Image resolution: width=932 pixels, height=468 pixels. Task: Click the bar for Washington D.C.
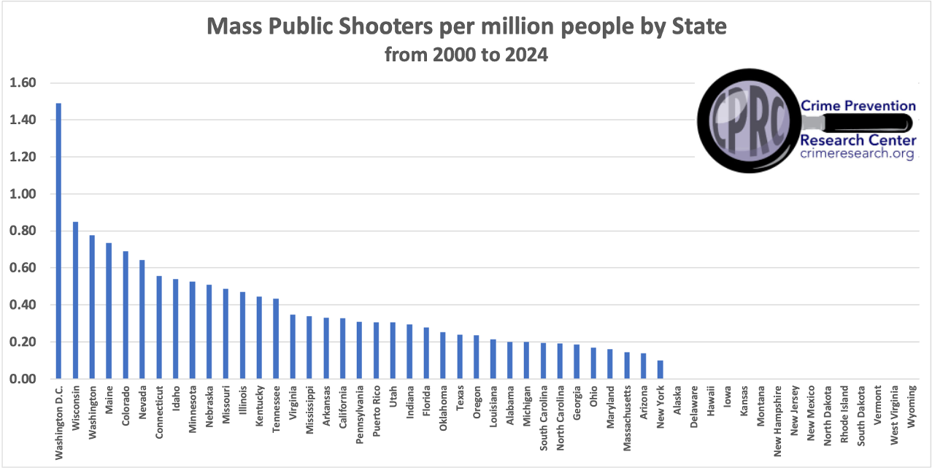[x=59, y=241]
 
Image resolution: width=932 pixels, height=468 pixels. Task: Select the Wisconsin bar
[x=76, y=300]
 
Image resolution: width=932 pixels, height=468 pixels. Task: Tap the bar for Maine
[x=109, y=311]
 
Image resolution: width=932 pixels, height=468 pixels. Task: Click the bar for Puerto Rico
[x=377, y=350]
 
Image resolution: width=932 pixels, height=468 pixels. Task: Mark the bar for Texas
[x=460, y=357]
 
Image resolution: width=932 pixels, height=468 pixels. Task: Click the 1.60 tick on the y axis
[x=23, y=83]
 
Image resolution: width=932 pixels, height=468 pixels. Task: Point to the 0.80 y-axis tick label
[x=23, y=231]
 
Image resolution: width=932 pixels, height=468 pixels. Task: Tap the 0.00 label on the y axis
[x=23, y=379]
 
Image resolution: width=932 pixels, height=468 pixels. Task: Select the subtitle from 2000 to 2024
[x=466, y=55]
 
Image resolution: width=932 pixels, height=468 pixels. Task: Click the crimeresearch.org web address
[x=857, y=154]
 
